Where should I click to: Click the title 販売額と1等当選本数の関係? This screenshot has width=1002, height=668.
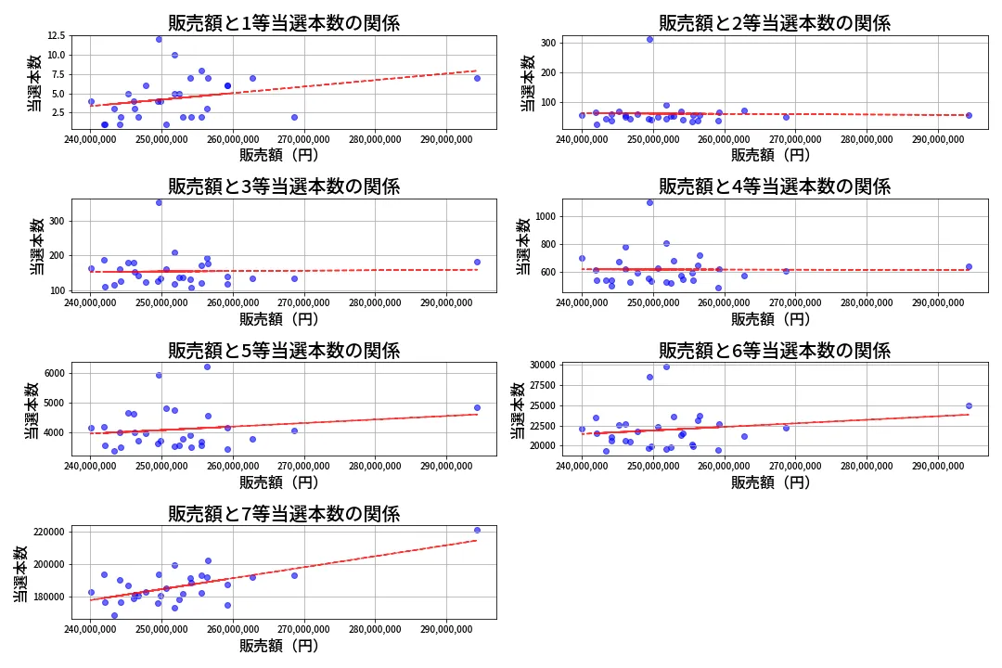(283, 23)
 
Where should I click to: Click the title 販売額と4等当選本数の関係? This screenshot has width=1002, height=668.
(775, 186)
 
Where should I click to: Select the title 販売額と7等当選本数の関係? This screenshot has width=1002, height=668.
(283, 514)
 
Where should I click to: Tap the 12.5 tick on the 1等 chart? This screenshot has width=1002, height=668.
(55, 35)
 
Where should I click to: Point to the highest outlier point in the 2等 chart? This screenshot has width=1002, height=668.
(649, 39)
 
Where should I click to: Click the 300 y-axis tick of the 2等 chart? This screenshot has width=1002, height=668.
(546, 43)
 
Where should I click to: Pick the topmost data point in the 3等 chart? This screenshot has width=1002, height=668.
(159, 202)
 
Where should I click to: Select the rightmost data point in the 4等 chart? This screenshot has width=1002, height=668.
(969, 266)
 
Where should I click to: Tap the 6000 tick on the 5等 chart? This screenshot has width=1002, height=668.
(52, 373)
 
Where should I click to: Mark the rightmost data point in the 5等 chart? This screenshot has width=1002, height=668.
(477, 407)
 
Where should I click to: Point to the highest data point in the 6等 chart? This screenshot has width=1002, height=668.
(666, 366)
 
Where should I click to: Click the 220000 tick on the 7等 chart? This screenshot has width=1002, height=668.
(46, 532)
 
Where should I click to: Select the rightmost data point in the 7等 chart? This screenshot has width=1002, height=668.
(477, 530)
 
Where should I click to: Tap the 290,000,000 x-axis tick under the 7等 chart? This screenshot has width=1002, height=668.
(447, 629)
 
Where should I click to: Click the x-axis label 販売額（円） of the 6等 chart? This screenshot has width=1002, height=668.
(770, 482)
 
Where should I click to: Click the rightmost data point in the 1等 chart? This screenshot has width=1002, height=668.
(477, 78)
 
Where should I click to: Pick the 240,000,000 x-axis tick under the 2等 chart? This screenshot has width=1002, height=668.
(583, 139)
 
